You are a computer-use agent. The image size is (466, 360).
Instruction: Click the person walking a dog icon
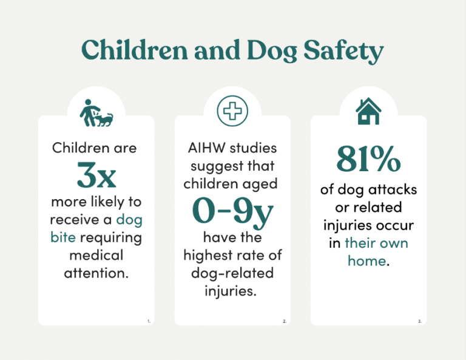tap(96, 113)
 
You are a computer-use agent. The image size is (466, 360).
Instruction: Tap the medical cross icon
tap(232, 112)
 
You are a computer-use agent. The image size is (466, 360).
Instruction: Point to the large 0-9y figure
tap(232, 209)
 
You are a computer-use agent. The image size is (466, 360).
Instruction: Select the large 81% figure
tap(368, 160)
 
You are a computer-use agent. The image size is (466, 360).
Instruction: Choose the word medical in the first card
tap(96, 254)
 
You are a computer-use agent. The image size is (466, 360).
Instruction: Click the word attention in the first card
tap(96, 273)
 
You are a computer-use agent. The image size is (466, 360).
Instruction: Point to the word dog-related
tap(232, 273)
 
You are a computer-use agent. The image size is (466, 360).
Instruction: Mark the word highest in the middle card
tap(217, 255)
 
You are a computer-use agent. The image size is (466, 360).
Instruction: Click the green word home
tap(366, 261)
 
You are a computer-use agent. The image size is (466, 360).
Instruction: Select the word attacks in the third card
tap(392, 190)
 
